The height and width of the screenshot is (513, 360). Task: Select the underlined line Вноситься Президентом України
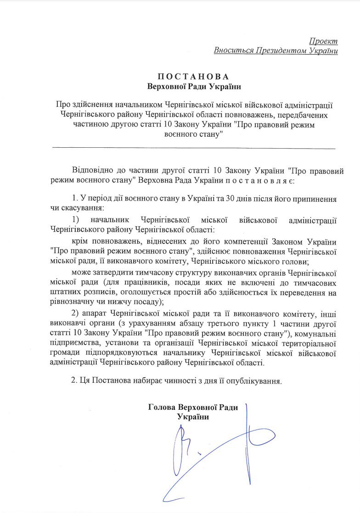[x=276, y=50]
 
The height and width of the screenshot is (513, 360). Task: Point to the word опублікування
[x=254, y=380]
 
